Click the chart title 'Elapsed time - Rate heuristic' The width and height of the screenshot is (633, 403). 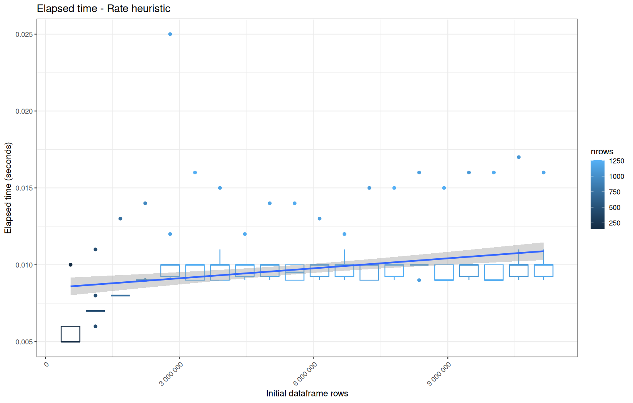(104, 8)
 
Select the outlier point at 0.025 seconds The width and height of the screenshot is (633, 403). (170, 34)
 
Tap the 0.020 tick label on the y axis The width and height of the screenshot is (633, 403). (24, 111)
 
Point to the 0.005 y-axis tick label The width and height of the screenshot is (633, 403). (24, 342)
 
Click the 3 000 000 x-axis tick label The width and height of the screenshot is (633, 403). (171, 374)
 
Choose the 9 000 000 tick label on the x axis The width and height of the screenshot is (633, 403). (439, 374)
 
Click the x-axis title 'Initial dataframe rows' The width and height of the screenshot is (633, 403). (307, 393)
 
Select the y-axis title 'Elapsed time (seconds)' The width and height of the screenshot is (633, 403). (8, 188)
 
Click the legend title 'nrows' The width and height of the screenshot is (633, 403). (602, 152)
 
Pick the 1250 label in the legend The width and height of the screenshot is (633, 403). (617, 161)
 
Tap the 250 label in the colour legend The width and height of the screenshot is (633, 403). (615, 223)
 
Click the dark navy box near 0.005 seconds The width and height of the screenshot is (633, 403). (70, 326)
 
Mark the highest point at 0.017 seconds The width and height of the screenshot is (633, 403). (519, 157)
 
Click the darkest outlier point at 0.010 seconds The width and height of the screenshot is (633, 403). (71, 265)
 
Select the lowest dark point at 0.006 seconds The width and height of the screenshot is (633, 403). (95, 326)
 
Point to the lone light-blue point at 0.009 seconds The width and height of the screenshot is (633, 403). (419, 280)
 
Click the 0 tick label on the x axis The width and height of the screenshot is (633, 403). (46, 364)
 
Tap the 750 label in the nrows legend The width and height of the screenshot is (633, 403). (615, 192)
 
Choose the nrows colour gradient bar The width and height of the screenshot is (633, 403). (597, 195)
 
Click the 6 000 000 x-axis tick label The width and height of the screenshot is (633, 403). (305, 374)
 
